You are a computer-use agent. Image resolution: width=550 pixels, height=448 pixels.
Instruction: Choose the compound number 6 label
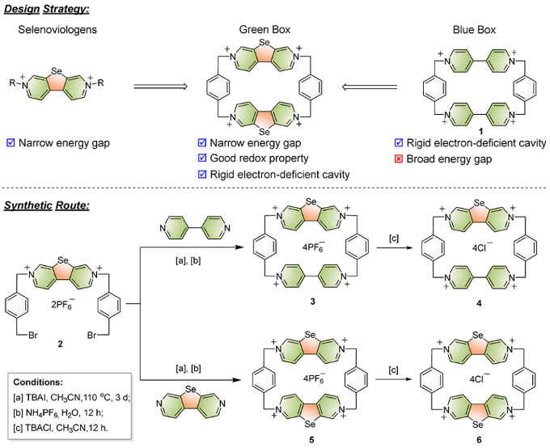click(472, 437)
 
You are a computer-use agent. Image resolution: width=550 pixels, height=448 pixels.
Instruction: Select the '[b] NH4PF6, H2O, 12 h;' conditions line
click(67, 412)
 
